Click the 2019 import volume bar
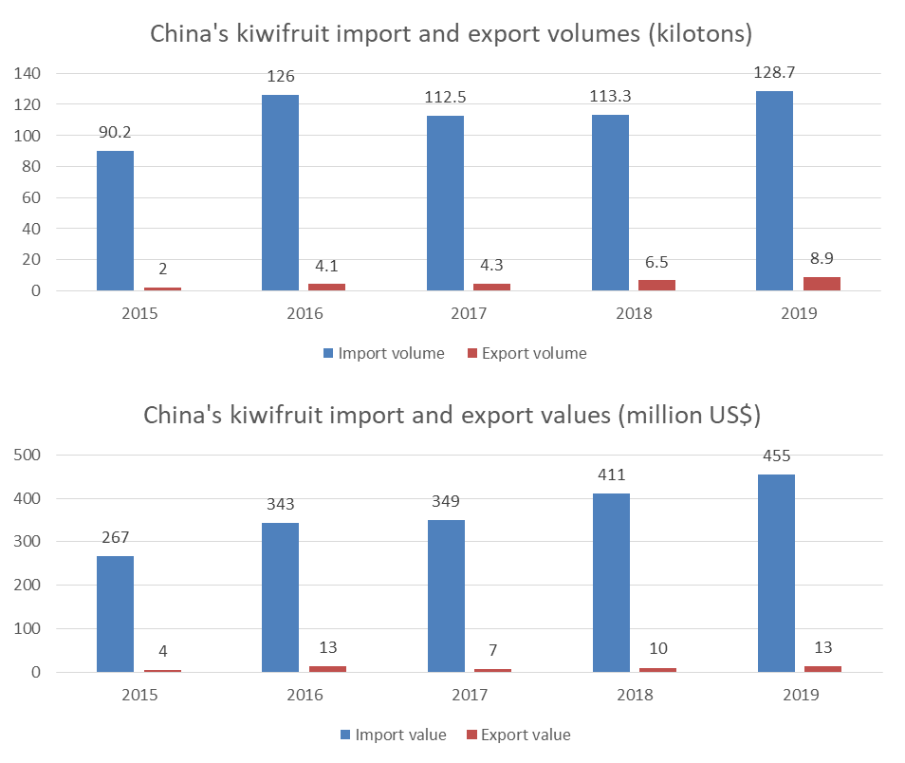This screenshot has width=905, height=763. click(774, 191)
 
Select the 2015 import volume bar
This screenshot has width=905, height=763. click(115, 220)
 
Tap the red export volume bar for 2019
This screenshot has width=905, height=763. click(822, 284)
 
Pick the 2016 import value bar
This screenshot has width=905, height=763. click(280, 597)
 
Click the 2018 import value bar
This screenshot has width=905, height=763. click(610, 583)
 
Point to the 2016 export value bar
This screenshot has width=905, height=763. click(327, 669)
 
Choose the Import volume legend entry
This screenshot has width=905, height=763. click(383, 353)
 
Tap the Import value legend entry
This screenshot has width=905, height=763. click(392, 735)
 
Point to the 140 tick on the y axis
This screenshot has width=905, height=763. click(28, 73)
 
